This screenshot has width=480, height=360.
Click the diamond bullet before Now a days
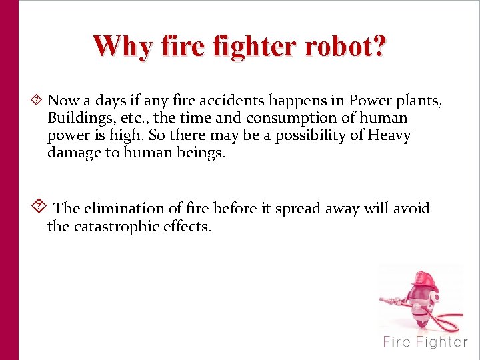coord(37,101)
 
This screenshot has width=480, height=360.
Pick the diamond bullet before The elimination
coord(39,207)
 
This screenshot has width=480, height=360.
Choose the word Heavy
coord(390,136)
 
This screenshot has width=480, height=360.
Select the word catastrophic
coord(116,227)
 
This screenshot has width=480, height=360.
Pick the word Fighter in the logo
coord(441,342)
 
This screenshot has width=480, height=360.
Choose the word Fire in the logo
coord(397,342)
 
